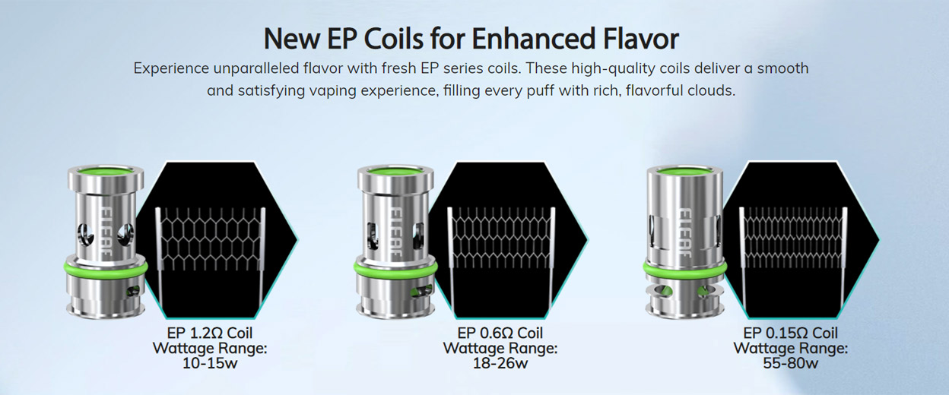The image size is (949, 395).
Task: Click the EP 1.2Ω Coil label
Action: coord(210,333)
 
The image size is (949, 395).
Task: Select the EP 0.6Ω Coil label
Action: coord(500,333)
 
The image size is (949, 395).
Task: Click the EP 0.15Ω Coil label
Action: coord(791,333)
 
